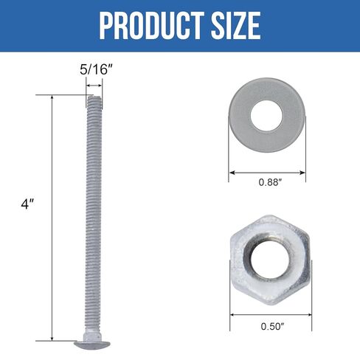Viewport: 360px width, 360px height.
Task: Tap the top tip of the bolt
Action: pos(94,96)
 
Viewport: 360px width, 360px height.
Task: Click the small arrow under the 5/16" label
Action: pos(94,86)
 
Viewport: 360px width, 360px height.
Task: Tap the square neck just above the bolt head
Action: pos(94,333)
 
